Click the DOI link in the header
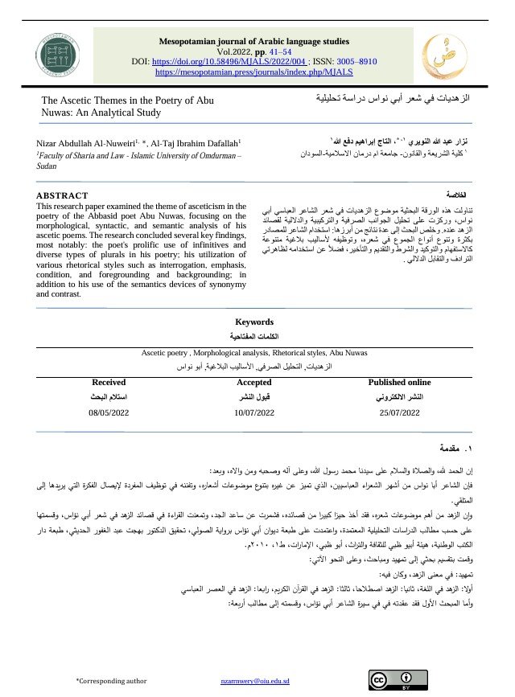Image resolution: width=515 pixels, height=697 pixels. coord(241,60)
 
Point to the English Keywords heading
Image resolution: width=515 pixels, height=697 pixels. coord(253,322)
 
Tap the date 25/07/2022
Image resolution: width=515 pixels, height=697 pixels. coord(399,412)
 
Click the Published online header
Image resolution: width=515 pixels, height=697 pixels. coord(399,383)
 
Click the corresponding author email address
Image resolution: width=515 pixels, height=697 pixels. coord(254,681)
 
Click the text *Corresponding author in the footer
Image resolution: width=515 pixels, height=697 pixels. coord(111,681)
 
